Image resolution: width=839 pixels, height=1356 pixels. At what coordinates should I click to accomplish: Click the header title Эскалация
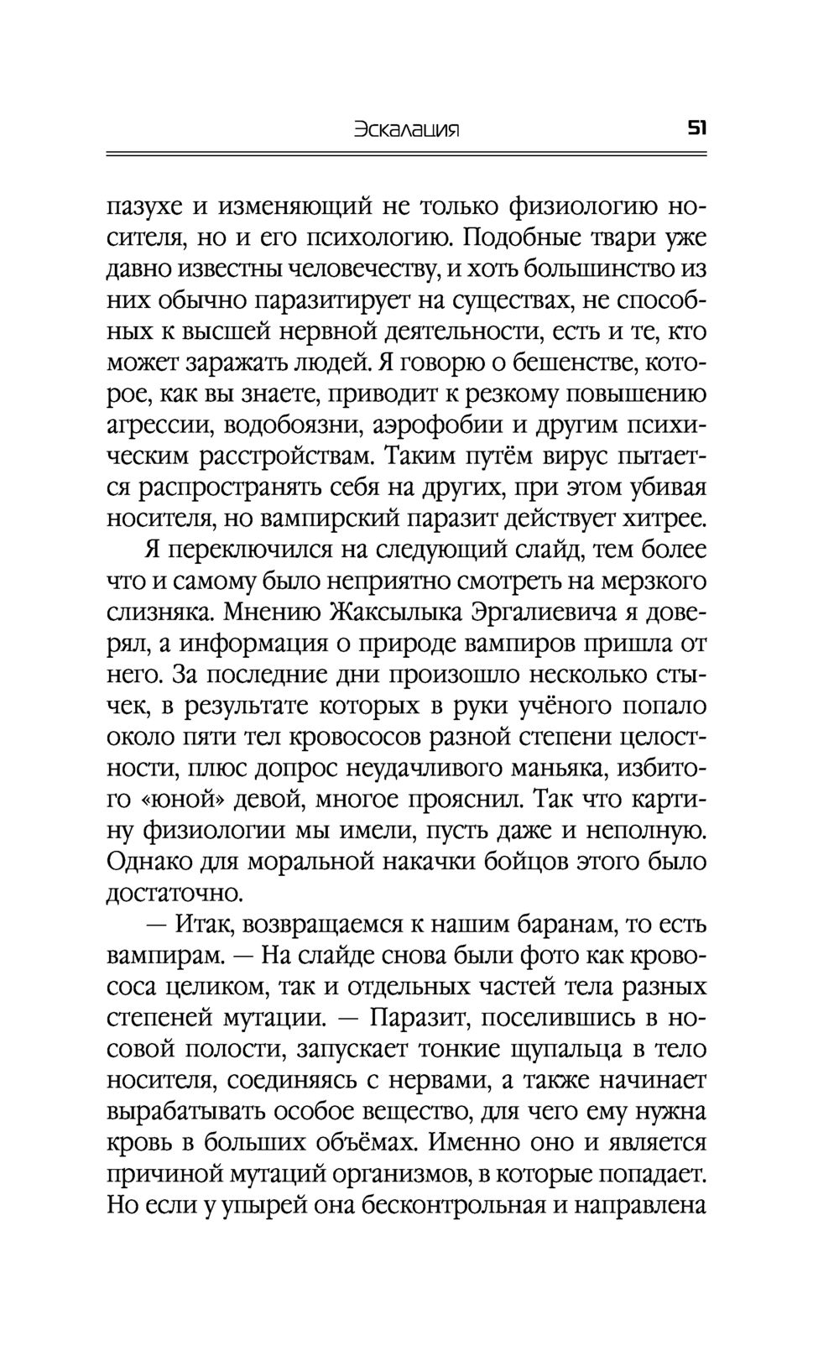409,130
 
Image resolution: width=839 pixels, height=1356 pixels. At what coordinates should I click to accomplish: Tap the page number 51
697,129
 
